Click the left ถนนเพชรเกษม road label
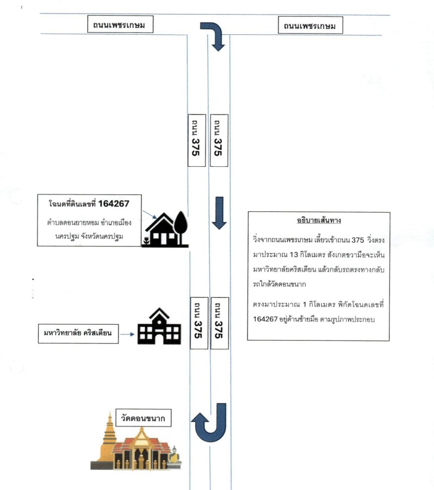pos(120,24)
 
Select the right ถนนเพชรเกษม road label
pos(311,26)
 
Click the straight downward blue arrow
pos(219,213)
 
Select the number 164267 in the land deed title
pos(114,204)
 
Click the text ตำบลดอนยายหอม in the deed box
pos(73,223)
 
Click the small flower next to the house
pos(146,241)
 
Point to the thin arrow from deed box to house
pos(150,215)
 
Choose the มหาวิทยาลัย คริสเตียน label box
pos(78,334)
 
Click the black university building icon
pos(159,326)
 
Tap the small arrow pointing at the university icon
pos(127,334)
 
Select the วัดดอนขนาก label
pos(144,418)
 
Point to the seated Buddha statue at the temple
pos(175,456)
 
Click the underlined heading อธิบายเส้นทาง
pos(319,221)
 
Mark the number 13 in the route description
pos(294,255)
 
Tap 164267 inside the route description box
pos(265,319)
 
